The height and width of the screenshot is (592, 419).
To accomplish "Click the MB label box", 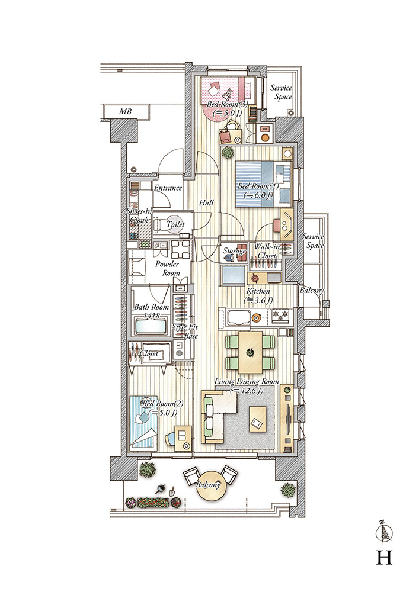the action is [x=126, y=112].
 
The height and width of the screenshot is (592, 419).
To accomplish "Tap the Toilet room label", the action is [x=175, y=224].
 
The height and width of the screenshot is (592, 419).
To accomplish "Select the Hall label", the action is [x=206, y=202].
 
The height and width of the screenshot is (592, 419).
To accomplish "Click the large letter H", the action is [x=384, y=557].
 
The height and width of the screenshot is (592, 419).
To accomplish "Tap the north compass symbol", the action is [x=384, y=532].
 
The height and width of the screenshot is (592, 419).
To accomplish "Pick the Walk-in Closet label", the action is [x=267, y=251].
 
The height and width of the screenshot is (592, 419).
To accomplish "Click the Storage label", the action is [x=234, y=250].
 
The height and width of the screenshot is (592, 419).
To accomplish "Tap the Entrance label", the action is [x=168, y=188].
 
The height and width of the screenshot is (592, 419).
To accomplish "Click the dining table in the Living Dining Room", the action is [x=250, y=352].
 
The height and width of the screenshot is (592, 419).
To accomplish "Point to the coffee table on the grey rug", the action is [x=258, y=419].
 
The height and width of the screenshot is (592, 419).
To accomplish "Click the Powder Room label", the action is [x=167, y=268].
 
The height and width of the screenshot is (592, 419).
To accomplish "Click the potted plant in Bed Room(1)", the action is [x=228, y=153].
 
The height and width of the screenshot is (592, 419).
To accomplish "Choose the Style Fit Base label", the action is [x=185, y=331].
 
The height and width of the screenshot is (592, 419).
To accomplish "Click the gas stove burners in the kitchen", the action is [x=281, y=316].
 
